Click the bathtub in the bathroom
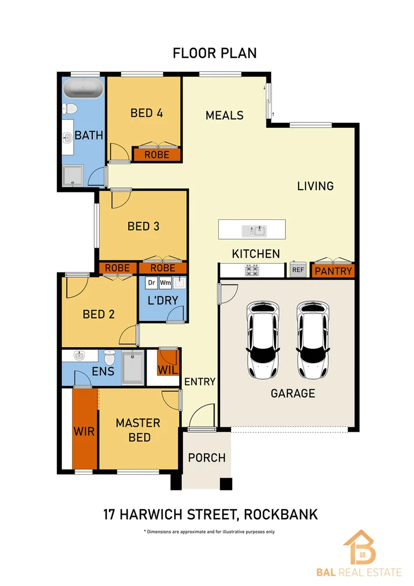click(x=83, y=88)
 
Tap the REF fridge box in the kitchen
click(x=298, y=269)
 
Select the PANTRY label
click(x=333, y=271)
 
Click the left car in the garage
click(x=263, y=340)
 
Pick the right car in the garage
click(x=313, y=340)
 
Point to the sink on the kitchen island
click(x=254, y=231)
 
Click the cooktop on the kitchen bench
click(x=252, y=270)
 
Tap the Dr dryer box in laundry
click(x=151, y=282)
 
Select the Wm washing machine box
click(x=165, y=282)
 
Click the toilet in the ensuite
click(x=109, y=358)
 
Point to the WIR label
click(x=84, y=431)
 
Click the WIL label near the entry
click(x=168, y=370)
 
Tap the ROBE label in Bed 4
click(x=156, y=155)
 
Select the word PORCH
click(x=207, y=458)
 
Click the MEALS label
click(x=224, y=116)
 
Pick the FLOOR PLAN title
click(x=214, y=54)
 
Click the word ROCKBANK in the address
click(x=281, y=515)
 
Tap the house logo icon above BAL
click(x=360, y=547)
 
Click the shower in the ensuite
click(x=133, y=368)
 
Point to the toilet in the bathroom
click(x=70, y=109)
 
